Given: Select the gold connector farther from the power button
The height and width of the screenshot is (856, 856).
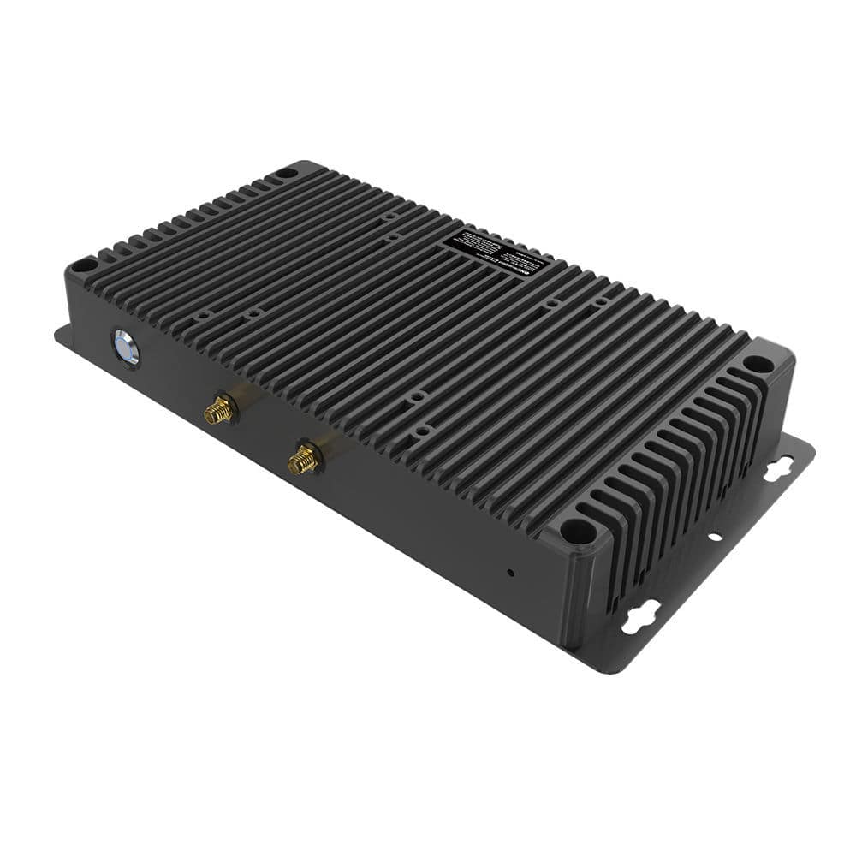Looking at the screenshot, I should click(x=302, y=460).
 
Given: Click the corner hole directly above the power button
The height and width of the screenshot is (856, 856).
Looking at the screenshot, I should click(x=82, y=266).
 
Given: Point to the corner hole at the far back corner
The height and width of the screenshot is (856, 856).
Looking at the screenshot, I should click(x=286, y=172).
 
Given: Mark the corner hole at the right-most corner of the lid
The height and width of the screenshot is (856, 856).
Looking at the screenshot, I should click(x=757, y=364).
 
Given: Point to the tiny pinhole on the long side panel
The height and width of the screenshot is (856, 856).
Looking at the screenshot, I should click(x=511, y=571).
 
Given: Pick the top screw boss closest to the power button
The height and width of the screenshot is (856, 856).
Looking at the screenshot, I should click(x=203, y=316).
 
